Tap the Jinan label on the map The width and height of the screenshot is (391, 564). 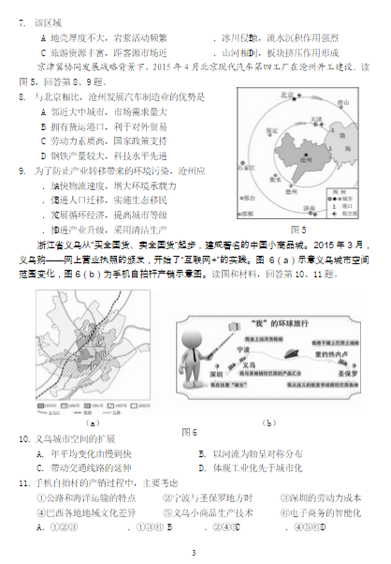pyautogui.click(x=301, y=208)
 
